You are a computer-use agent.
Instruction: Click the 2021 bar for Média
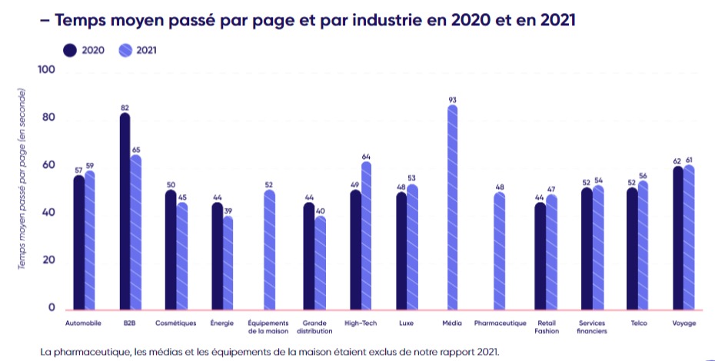tap(453, 207)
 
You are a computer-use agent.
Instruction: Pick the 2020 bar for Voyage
tap(677, 237)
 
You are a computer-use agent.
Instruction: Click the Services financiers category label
tap(593, 327)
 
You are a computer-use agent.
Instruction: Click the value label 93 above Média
tap(453, 99)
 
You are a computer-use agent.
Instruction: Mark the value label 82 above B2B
tap(125, 108)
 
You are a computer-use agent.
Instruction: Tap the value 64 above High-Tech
tap(366, 156)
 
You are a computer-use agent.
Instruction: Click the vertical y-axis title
tap(23, 178)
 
